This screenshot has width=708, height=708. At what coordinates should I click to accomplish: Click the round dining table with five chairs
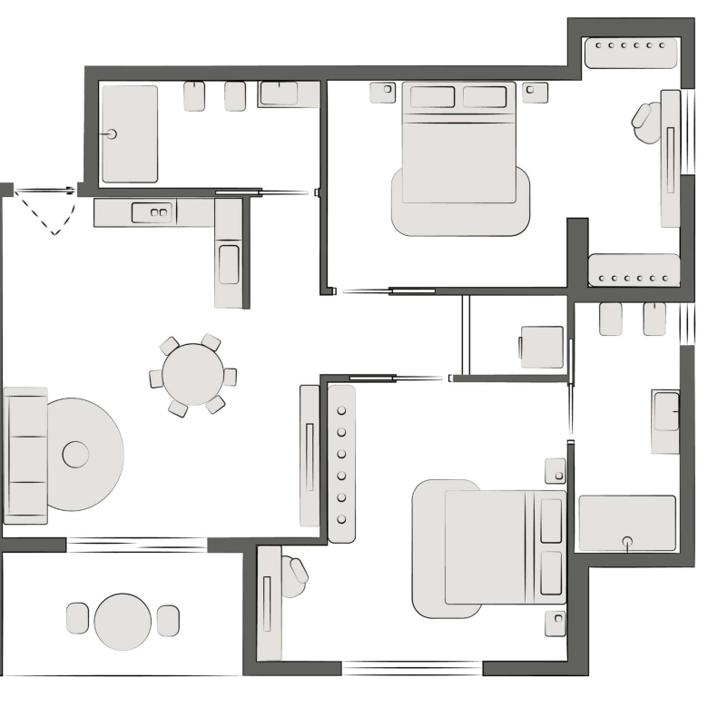(192, 374)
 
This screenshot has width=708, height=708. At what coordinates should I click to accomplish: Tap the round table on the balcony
(123, 621)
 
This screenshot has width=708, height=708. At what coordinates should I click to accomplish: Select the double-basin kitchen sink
(152, 213)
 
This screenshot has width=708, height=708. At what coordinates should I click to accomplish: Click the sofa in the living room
(25, 456)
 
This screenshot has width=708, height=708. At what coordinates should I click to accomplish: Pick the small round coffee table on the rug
(75, 454)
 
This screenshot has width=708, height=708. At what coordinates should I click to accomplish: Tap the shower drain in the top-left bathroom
(113, 134)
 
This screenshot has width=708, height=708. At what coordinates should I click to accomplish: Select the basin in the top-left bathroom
(279, 93)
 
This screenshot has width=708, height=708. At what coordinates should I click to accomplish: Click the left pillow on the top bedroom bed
(432, 97)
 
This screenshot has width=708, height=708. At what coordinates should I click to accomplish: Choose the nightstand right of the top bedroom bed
(536, 92)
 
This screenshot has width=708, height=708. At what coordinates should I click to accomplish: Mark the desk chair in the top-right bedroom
(647, 123)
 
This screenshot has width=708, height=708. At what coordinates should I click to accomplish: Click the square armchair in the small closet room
(542, 347)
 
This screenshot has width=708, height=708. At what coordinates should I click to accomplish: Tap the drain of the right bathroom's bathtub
(627, 542)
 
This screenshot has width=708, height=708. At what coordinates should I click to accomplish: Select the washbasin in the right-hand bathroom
(666, 410)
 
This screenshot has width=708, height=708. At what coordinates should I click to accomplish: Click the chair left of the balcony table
(78, 618)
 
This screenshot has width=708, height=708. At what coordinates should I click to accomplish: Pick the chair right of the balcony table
(168, 620)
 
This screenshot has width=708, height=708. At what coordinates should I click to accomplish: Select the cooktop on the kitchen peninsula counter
(229, 262)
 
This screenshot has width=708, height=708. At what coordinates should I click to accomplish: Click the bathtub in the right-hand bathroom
(627, 522)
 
